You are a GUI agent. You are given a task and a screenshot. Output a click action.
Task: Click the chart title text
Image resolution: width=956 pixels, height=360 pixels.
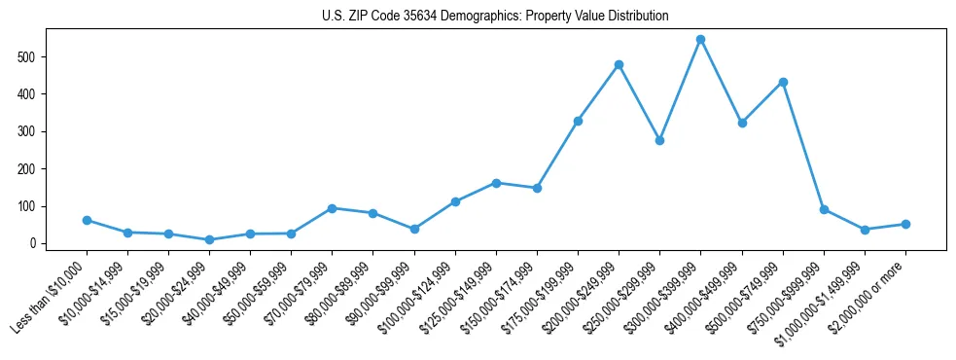495,17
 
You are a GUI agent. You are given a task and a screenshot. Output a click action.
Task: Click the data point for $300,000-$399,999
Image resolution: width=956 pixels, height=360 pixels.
700,40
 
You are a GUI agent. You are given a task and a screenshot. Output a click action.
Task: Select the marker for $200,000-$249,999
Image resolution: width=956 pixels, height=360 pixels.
619,65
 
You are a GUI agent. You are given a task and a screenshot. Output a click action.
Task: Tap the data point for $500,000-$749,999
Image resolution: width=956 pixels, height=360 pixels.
783,82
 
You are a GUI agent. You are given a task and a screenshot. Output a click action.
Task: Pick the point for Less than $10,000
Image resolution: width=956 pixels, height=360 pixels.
87,220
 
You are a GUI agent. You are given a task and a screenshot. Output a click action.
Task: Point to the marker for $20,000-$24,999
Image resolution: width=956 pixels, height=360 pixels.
210,239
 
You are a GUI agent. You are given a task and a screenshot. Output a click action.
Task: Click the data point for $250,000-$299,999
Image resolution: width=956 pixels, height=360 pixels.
659,140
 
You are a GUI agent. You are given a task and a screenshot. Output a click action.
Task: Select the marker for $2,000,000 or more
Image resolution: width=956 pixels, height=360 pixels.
905,224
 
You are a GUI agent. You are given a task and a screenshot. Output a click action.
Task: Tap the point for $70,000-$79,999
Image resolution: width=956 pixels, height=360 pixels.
333,208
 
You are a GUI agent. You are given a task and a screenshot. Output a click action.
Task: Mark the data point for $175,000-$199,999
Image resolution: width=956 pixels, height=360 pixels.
578,121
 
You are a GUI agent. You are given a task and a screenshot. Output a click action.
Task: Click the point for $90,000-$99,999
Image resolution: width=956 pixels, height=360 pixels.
414,229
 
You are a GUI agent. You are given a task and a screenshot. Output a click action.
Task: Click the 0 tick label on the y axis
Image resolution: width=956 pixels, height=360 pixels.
34,243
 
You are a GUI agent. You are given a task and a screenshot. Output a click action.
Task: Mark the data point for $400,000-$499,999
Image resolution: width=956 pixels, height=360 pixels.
742,123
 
